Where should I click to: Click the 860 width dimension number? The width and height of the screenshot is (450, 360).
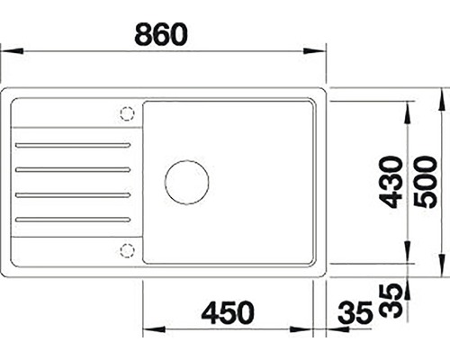[161, 34]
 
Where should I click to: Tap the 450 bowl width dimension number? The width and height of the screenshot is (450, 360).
[228, 312]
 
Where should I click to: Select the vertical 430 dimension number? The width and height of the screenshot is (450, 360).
[391, 182]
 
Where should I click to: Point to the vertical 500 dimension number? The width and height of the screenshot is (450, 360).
[425, 182]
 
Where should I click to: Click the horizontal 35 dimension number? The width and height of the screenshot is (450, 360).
[355, 312]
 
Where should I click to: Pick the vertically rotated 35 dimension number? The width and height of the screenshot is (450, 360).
[391, 301]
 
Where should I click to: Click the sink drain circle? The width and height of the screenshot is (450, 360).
[186, 182]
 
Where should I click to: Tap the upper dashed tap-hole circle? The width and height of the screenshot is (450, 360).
[127, 113]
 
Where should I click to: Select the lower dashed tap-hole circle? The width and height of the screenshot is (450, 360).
[127, 250]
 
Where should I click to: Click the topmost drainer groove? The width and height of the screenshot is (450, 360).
[73, 145]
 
